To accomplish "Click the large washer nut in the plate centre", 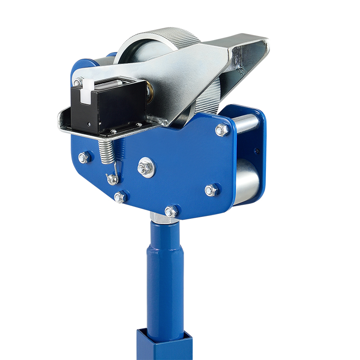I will click(x=146, y=168).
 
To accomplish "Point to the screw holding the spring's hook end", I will click(x=112, y=180).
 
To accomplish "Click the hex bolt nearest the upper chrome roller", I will click(x=222, y=130).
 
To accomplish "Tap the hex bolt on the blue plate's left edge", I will click(x=84, y=157).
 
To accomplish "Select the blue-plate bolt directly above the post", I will click(x=171, y=211).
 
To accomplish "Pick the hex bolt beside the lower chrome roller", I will click(x=211, y=190).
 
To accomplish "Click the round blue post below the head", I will click(x=164, y=270).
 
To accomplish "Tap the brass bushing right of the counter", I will click(x=150, y=95).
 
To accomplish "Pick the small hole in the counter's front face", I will click(x=90, y=122).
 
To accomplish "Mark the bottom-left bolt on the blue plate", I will click(x=120, y=197).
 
